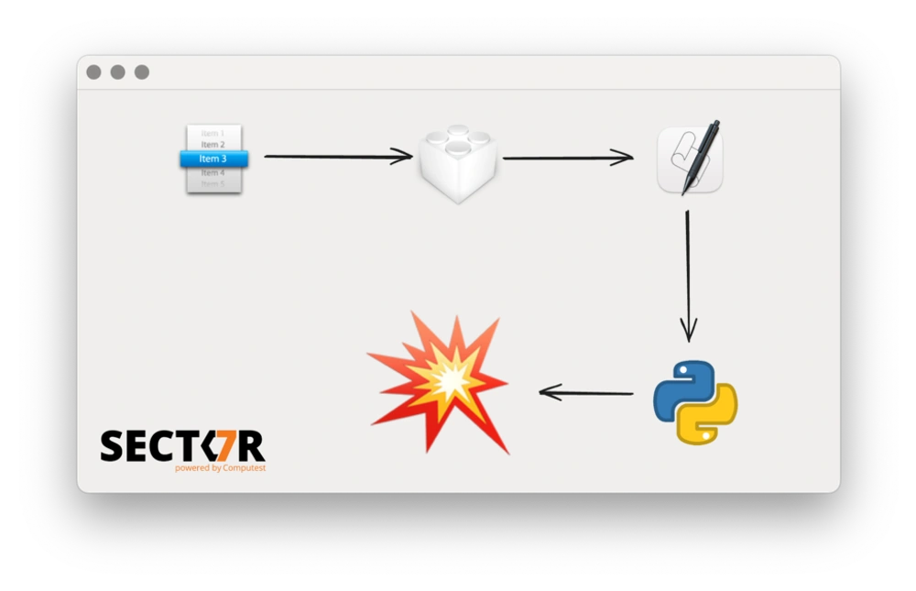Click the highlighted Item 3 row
point(213,159)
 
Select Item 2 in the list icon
point(213,145)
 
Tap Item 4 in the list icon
point(213,172)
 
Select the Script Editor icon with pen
point(689,161)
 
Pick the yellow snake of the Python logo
point(711,417)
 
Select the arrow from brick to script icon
point(567,158)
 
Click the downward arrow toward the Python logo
point(688,275)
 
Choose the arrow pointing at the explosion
point(586,393)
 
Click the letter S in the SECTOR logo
point(112,446)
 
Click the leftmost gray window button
point(93,72)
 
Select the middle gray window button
point(117,72)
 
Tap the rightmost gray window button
point(142,72)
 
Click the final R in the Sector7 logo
point(252,446)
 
